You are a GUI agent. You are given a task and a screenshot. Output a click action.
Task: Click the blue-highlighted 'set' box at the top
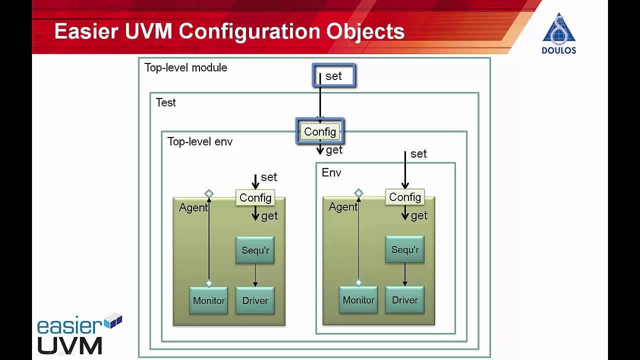(x=333, y=75)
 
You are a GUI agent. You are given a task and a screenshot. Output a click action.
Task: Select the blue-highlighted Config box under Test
(x=320, y=131)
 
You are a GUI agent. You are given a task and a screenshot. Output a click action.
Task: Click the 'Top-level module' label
(x=185, y=67)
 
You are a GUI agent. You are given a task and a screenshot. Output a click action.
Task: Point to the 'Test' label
(x=165, y=102)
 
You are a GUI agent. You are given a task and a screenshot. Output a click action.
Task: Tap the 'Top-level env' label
(x=199, y=141)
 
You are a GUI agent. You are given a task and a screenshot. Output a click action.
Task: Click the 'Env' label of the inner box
(x=331, y=173)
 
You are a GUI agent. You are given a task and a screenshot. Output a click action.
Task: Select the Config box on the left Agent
(x=255, y=197)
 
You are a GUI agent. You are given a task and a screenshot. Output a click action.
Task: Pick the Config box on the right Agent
(x=404, y=197)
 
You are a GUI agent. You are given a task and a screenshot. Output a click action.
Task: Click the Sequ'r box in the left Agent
(x=255, y=250)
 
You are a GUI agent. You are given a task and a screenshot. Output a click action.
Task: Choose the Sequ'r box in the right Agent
(x=404, y=249)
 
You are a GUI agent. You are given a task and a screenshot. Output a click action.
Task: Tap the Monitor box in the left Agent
(x=208, y=300)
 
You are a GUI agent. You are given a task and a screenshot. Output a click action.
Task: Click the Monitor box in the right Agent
(x=358, y=300)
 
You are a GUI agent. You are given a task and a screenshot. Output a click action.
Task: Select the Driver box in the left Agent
(x=255, y=300)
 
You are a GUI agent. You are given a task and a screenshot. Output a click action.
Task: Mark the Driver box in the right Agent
(x=404, y=300)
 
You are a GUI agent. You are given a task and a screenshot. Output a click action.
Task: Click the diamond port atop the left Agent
(x=209, y=193)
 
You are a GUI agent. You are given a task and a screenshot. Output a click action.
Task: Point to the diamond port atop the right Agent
(x=358, y=193)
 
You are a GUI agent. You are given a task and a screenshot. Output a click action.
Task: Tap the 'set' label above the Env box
(x=418, y=154)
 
